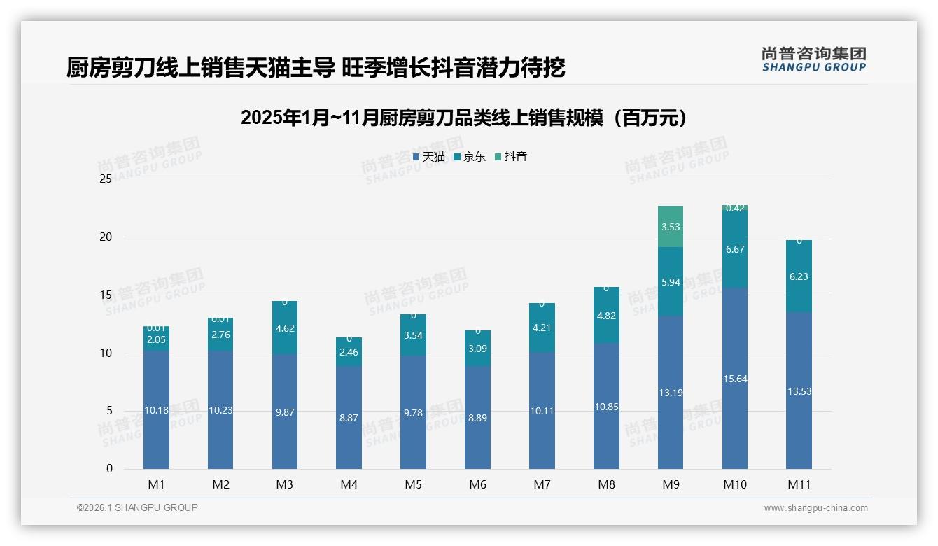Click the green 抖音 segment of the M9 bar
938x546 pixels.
[x=671, y=226]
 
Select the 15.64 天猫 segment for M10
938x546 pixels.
[x=735, y=378]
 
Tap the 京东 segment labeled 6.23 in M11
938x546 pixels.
[x=799, y=276]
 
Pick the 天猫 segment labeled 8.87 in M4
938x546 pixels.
[x=349, y=417]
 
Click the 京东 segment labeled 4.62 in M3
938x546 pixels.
[x=284, y=328]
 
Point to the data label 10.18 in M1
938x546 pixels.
[x=156, y=410]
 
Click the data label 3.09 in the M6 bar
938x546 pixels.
[x=477, y=348]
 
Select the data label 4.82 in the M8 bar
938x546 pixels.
[x=606, y=316]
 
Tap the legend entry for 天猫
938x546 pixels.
[x=429, y=157]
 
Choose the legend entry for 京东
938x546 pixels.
[x=470, y=157]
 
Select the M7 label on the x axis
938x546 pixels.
[x=542, y=484]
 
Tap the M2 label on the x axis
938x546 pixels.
[x=220, y=484]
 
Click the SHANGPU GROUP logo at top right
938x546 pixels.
[x=813, y=59]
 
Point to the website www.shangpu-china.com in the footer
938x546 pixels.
[x=815, y=508]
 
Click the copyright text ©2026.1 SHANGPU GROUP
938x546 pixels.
[x=137, y=507]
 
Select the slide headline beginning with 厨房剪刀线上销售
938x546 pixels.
[x=316, y=67]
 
